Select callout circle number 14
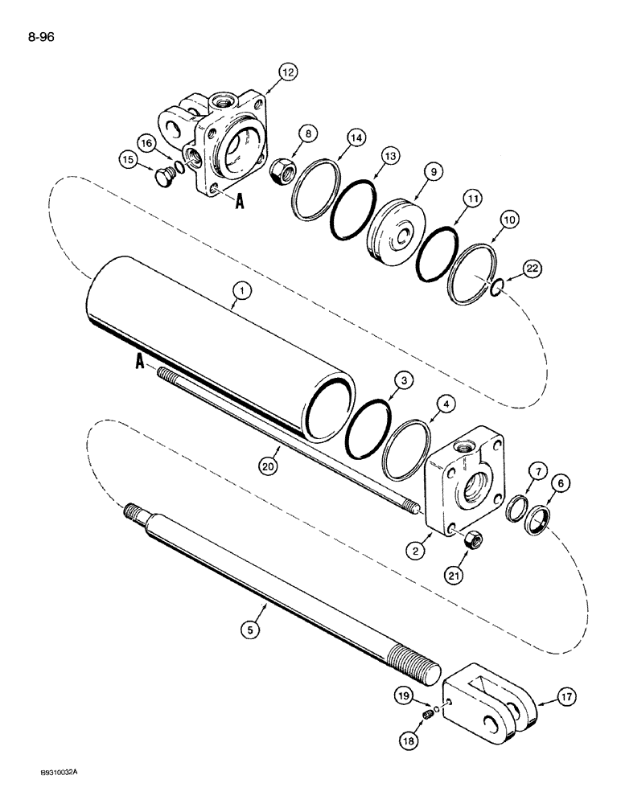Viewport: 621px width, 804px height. click(334, 139)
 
